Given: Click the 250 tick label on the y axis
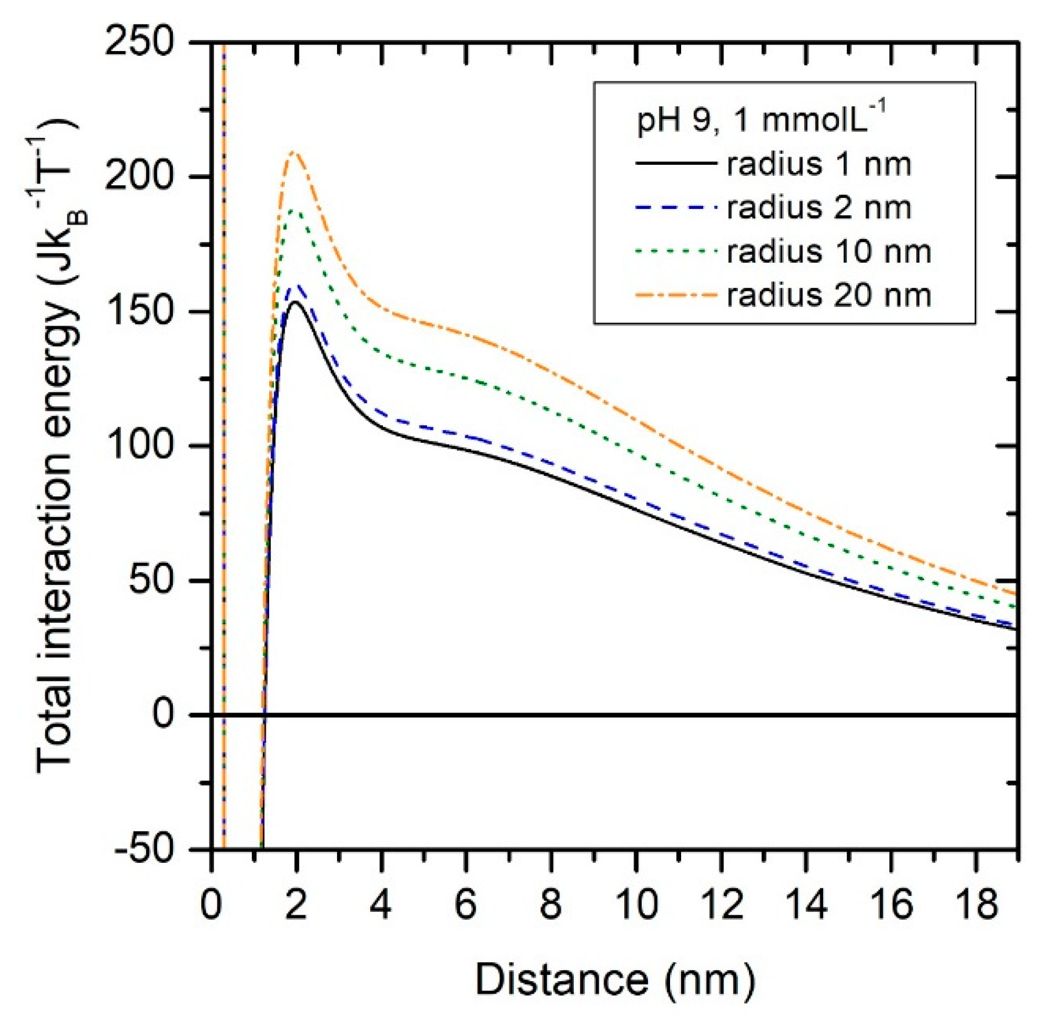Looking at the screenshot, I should [139, 42].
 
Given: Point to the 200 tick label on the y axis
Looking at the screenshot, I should [139, 176].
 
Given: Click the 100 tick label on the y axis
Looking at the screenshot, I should [139, 446].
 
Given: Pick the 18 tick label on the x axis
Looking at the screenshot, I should [977, 903].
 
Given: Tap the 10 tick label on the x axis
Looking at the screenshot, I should [637, 903].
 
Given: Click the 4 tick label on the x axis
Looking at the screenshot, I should [381, 903].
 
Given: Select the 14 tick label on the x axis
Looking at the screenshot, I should [806, 903].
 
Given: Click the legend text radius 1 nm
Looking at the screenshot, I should [819, 164].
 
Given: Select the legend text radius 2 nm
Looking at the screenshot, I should [819, 208].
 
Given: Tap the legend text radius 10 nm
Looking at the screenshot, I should [828, 251].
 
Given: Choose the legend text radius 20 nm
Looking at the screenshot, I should [828, 295].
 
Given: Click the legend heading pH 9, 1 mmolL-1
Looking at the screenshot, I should [761, 121].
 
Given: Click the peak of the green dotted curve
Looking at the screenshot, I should [295, 211].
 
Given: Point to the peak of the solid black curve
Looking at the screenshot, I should [296, 302].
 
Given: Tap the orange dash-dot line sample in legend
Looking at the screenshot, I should [676, 295].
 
